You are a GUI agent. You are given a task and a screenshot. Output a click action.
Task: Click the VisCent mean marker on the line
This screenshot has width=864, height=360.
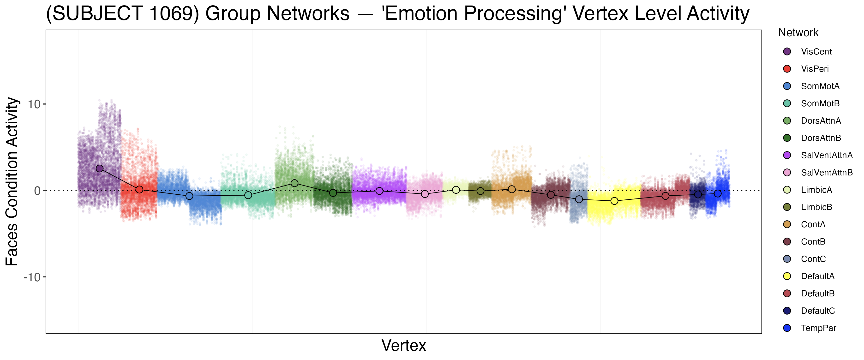click(100, 168)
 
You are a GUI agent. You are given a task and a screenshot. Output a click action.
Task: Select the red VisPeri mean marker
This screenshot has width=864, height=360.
click(139, 190)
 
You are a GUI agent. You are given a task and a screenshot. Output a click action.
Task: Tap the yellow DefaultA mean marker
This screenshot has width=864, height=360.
click(614, 201)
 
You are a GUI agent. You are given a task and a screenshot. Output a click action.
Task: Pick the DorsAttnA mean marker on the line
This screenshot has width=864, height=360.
click(294, 183)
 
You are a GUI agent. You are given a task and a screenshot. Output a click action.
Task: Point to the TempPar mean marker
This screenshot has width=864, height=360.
click(718, 194)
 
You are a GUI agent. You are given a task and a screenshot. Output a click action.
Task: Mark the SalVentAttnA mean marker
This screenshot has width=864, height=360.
click(379, 191)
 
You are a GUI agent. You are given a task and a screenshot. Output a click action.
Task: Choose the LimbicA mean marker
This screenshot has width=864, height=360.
click(456, 190)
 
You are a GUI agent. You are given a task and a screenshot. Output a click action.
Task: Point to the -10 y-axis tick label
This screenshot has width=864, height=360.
click(32, 277)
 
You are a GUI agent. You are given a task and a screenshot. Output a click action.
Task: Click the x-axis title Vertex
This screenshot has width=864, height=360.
click(404, 346)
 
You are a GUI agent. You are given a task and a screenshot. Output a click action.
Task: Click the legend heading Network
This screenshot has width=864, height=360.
click(798, 33)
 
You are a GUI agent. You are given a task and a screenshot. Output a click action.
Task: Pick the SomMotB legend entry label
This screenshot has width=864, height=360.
click(820, 103)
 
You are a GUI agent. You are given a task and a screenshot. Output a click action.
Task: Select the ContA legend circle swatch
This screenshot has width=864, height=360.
click(787, 224)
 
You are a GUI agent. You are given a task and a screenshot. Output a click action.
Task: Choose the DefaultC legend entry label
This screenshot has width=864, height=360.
click(818, 311)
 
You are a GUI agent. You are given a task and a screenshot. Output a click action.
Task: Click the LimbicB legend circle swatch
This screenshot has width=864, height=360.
click(787, 207)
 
